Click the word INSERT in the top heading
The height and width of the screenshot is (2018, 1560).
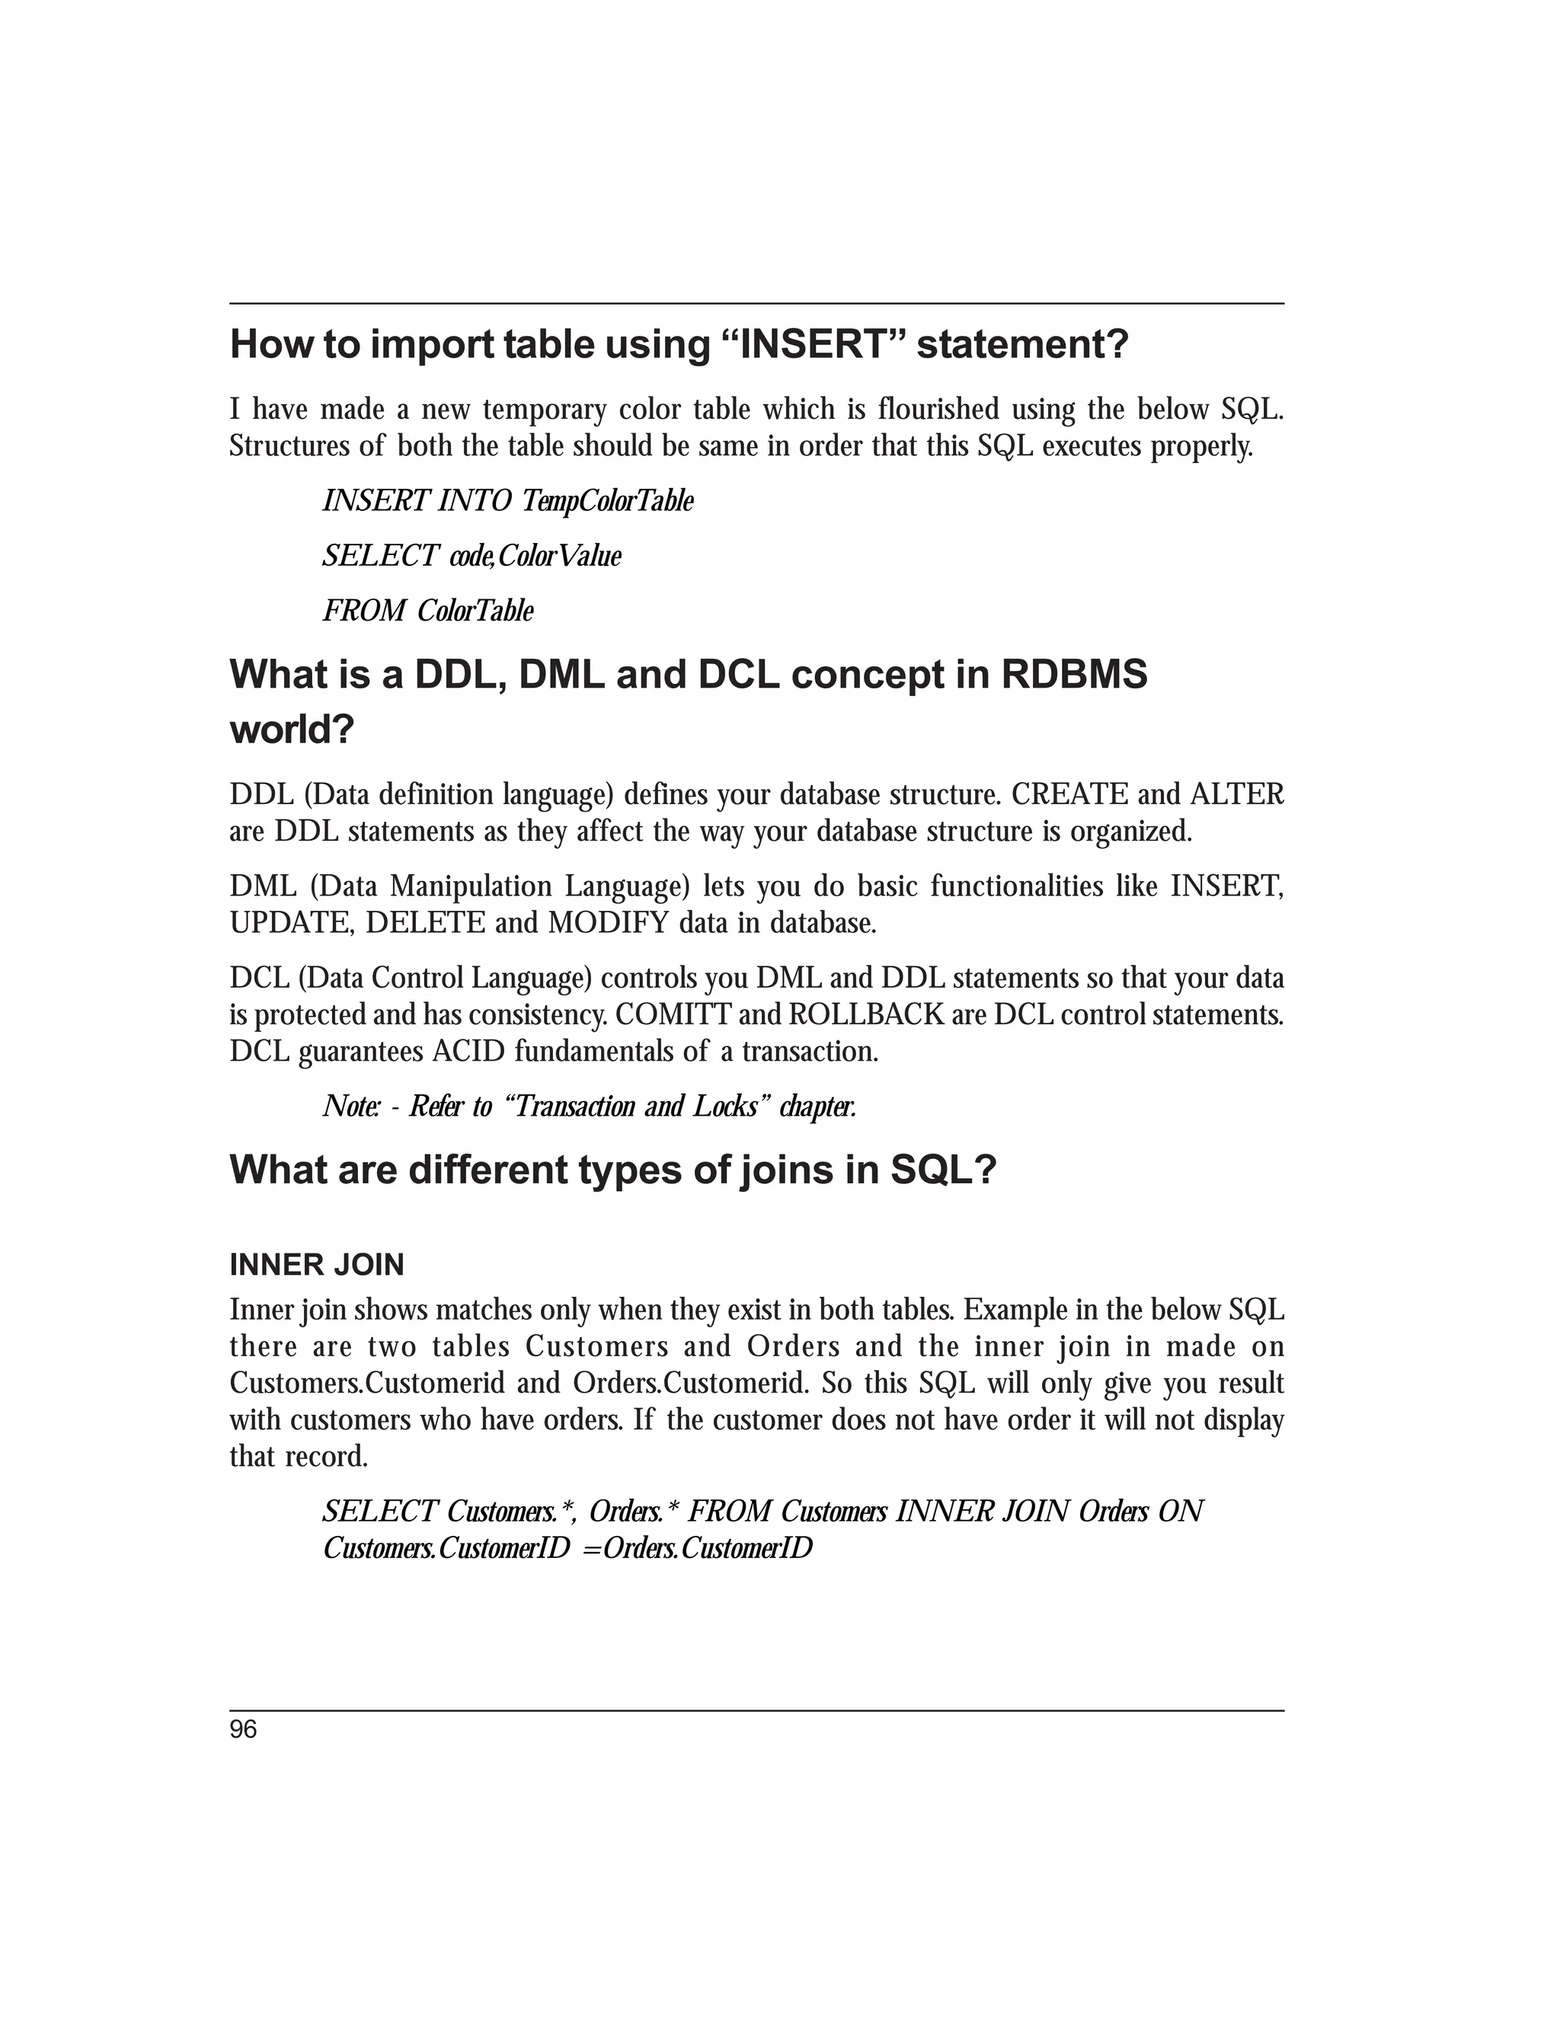tap(814, 345)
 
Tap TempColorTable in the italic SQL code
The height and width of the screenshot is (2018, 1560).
tap(606, 501)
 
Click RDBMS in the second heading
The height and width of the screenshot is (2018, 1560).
tap(1074, 675)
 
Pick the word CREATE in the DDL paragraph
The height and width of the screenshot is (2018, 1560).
tap(1069, 794)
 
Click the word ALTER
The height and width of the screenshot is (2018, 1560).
tap(1238, 794)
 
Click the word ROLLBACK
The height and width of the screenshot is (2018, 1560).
tap(866, 1014)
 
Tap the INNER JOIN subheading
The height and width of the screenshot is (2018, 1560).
tap(316, 1265)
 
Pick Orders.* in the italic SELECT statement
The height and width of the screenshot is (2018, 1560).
tap(634, 1512)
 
